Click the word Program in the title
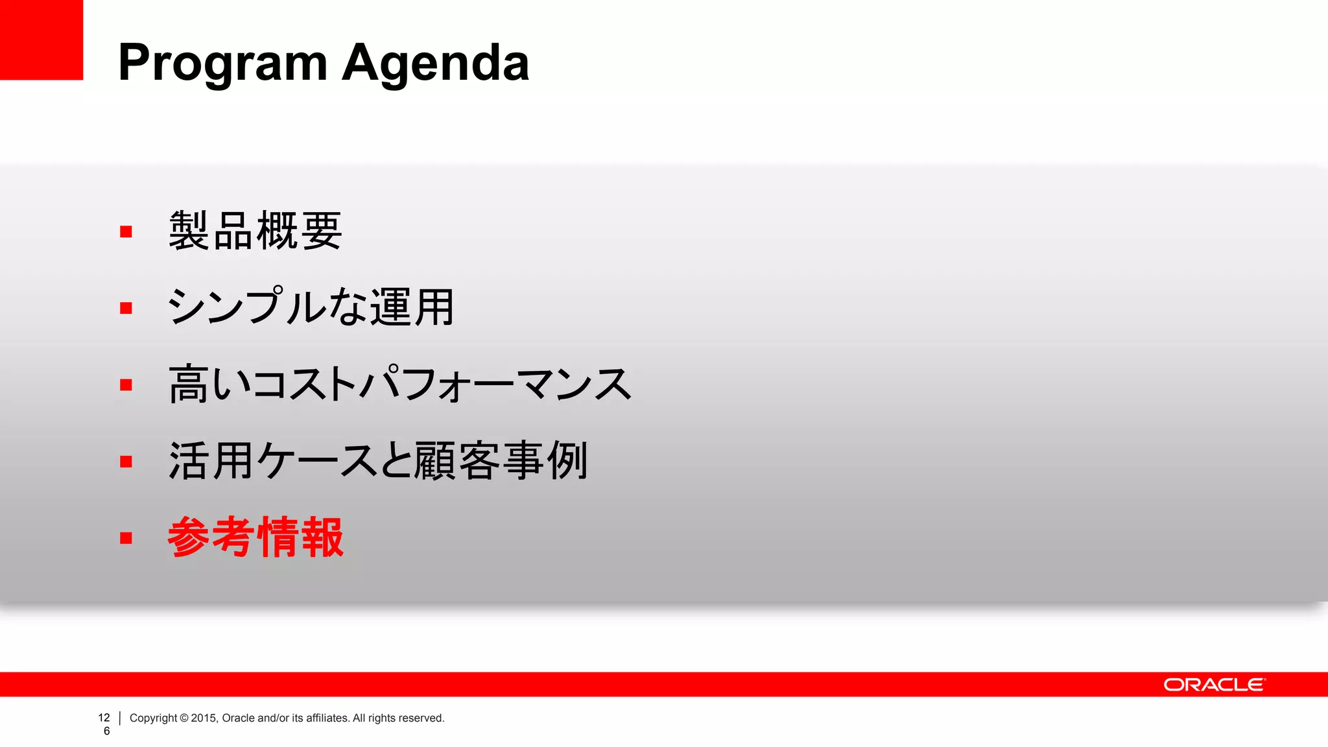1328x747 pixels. pyautogui.click(x=222, y=64)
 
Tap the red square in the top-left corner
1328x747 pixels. pyautogui.click(x=41, y=40)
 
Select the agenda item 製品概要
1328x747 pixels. pyautogui.click(x=255, y=231)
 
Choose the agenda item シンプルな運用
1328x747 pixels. pyautogui.click(x=311, y=307)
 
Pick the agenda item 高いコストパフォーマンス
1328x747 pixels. pyautogui.click(x=399, y=384)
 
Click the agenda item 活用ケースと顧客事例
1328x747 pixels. pyautogui.click(x=378, y=460)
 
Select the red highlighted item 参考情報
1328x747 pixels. pyautogui.click(x=255, y=537)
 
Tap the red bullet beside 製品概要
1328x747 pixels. pyautogui.click(x=126, y=231)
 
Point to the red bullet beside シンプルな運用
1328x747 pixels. pyautogui.click(x=126, y=308)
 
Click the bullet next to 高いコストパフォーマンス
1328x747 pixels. pyautogui.click(x=126, y=385)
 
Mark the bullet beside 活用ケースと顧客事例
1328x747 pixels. pyautogui.click(x=126, y=461)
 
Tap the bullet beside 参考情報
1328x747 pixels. pyautogui.click(x=126, y=538)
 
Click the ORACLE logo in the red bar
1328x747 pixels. pyautogui.click(x=1214, y=685)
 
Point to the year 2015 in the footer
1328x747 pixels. pyautogui.click(x=203, y=718)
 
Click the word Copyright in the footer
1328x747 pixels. pyautogui.click(x=153, y=718)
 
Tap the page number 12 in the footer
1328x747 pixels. pyautogui.click(x=104, y=718)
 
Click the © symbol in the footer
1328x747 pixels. pyautogui.click(x=184, y=718)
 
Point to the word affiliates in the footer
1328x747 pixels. pyautogui.click(x=327, y=718)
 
